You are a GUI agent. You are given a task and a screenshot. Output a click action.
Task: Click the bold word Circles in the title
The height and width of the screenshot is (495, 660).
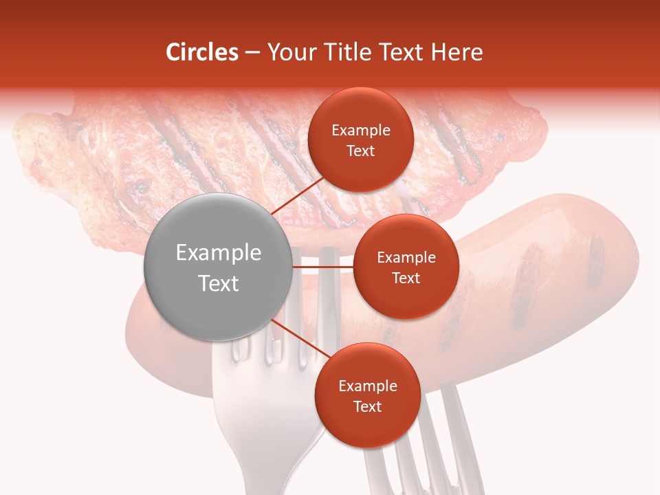pyautogui.click(x=202, y=52)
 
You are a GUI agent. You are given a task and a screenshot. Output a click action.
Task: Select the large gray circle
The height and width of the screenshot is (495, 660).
pyautogui.click(x=218, y=267)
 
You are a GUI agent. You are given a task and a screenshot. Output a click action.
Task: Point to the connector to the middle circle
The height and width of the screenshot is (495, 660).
pyautogui.click(x=323, y=267)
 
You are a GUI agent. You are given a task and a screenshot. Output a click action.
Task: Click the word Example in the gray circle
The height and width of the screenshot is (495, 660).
pyautogui.click(x=219, y=253)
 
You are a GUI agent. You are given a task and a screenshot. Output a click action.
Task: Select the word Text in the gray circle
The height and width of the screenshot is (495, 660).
pyautogui.click(x=219, y=283)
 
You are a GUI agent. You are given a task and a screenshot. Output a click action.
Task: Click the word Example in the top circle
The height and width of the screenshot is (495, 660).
pyautogui.click(x=361, y=131)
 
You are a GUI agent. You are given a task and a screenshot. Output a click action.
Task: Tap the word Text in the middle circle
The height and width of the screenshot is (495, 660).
pyautogui.click(x=406, y=278)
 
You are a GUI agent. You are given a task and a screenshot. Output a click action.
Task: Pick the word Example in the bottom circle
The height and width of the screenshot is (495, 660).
pyautogui.click(x=368, y=386)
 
